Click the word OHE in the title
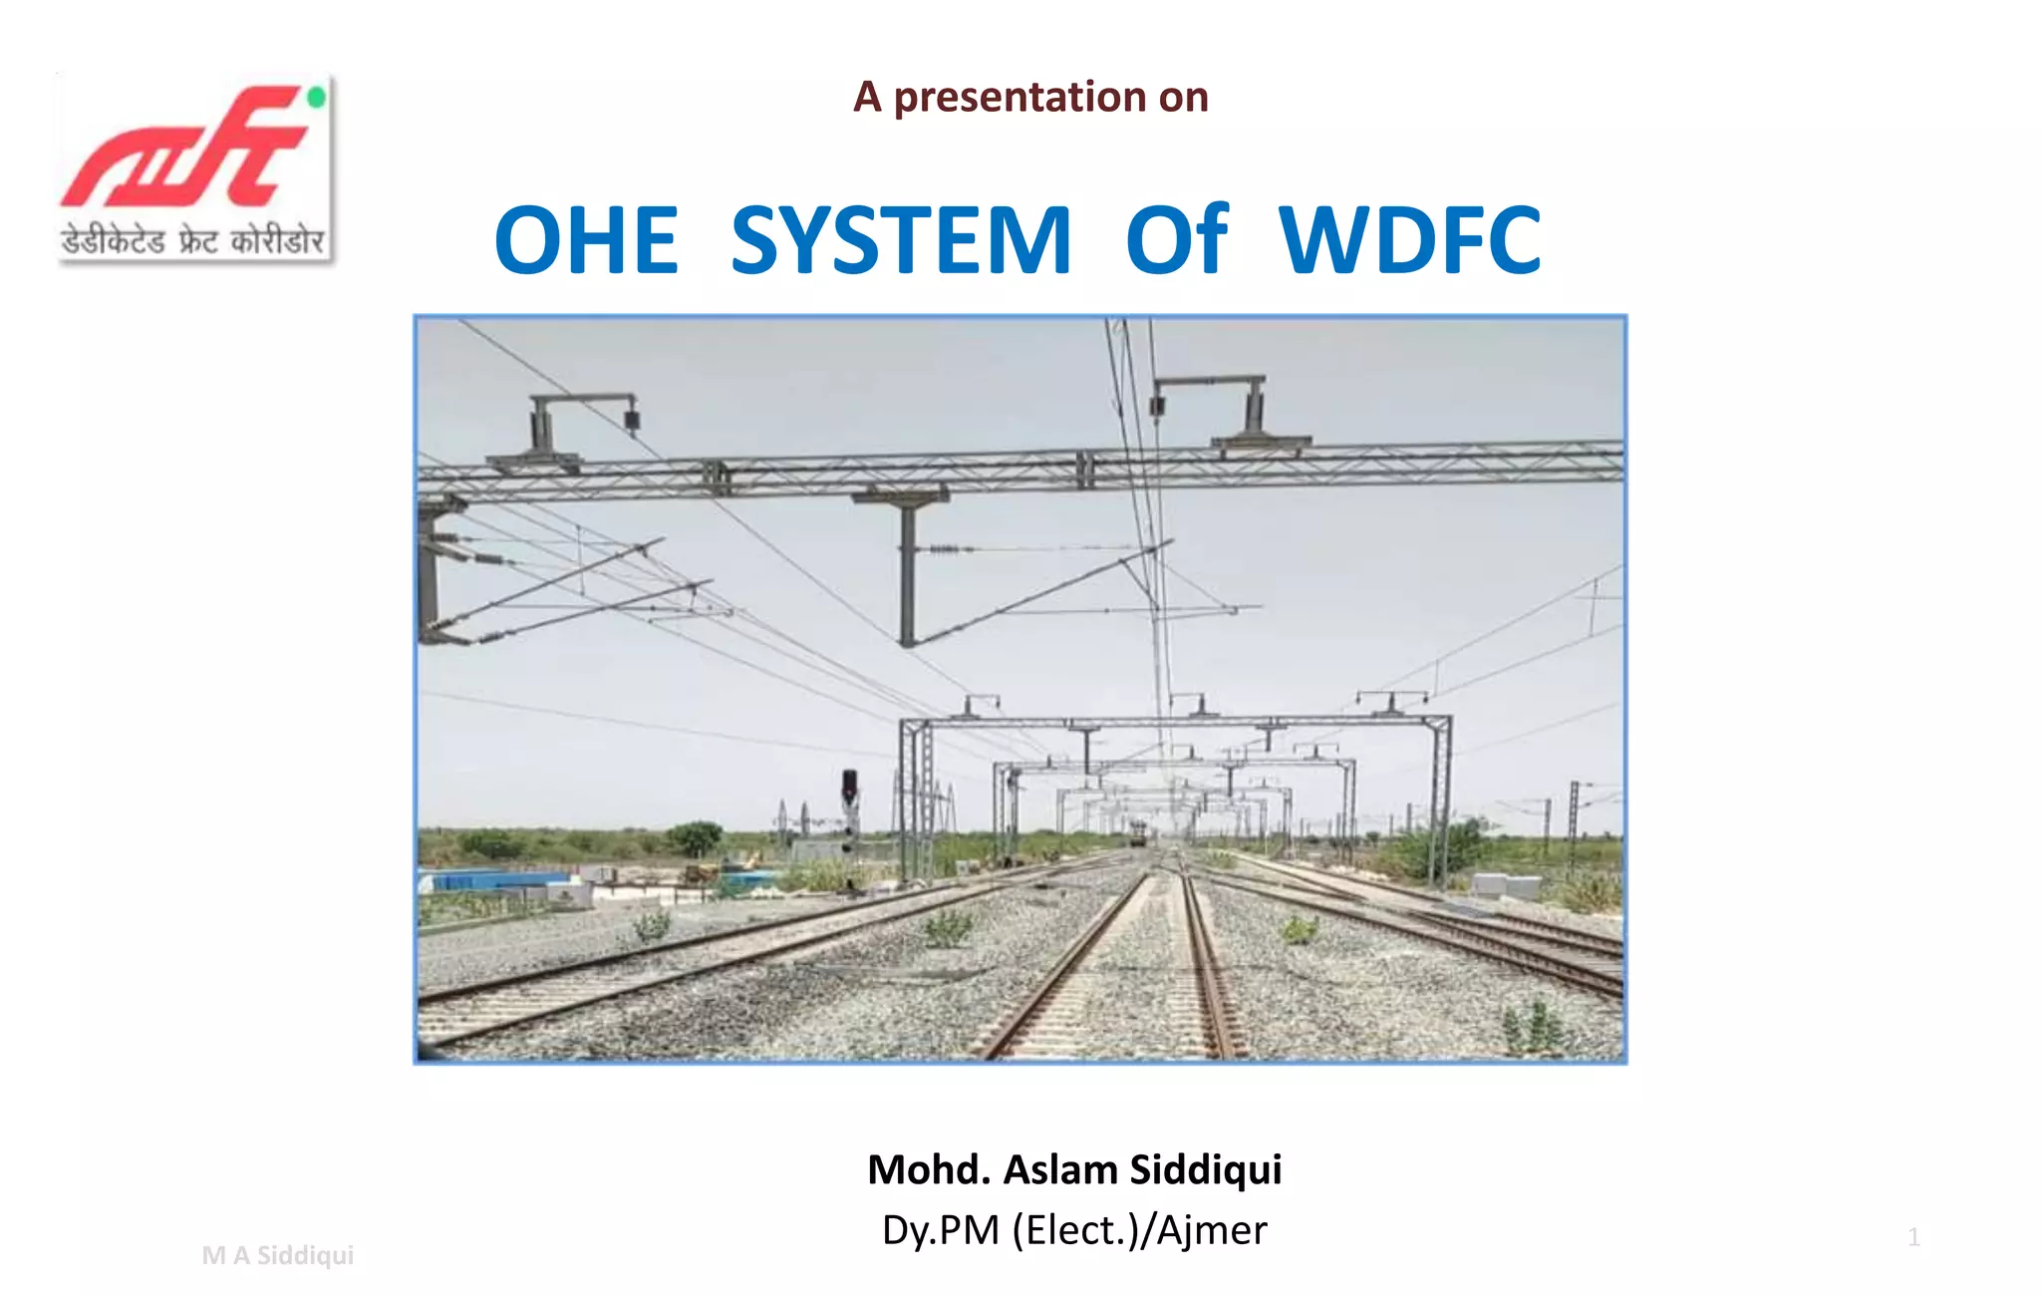coord(586,240)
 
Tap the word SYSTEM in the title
coord(901,240)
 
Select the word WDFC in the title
coord(1410,240)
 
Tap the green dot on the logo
coord(317,98)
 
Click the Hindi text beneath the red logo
coord(193,240)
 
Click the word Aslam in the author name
coord(1059,1169)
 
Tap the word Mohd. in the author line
coord(929,1169)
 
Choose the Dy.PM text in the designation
coord(941,1230)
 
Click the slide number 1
coord(1913,1237)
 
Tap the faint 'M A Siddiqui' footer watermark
coord(277,1255)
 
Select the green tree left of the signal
coord(695,836)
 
